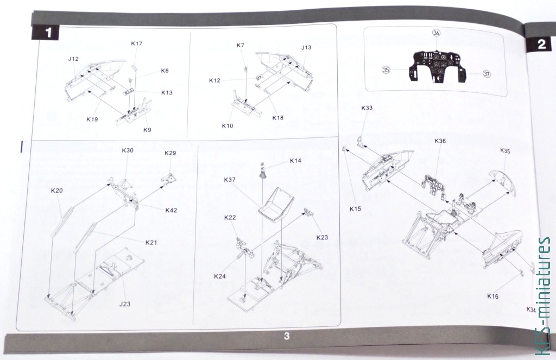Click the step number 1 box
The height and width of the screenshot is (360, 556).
tap(46, 33)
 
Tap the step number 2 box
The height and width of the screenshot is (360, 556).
tap(540, 45)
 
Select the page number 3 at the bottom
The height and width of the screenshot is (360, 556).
tap(287, 336)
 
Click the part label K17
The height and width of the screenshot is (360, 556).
tap(136, 43)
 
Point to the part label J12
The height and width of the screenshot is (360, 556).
tap(73, 59)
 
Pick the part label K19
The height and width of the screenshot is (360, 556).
tap(92, 119)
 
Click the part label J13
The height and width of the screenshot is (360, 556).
tap(306, 47)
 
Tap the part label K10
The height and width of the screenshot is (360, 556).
tap(228, 126)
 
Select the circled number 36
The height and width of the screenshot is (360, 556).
tap(436, 33)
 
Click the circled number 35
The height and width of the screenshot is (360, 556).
tap(386, 70)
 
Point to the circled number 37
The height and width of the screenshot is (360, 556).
tap(487, 74)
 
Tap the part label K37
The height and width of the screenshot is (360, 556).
tap(230, 180)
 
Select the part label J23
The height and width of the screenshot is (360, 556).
tap(125, 304)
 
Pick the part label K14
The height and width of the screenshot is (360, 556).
tap(295, 161)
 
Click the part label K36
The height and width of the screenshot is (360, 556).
tap(440, 141)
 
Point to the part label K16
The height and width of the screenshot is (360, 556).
tap(493, 296)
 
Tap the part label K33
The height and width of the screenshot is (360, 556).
tap(367, 108)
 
